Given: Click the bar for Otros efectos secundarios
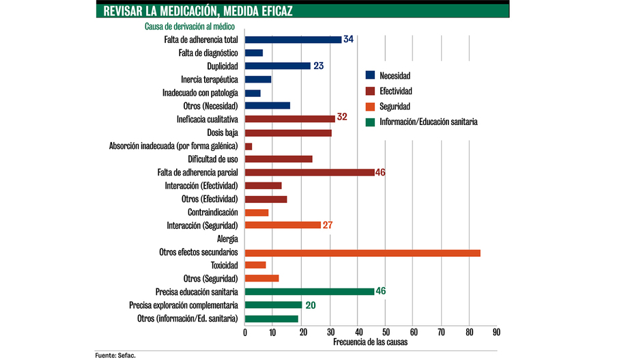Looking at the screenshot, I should point(363,252).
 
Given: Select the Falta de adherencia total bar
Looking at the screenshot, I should point(293,40).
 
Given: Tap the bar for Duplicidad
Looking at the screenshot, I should point(277,66).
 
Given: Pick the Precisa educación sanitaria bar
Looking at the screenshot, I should point(309,292).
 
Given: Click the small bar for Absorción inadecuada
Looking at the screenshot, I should point(248,146).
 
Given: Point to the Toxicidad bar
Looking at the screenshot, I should point(255,265).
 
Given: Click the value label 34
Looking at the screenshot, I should point(348,40).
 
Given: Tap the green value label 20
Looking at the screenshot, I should point(310,305).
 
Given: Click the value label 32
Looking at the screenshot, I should point(342,117).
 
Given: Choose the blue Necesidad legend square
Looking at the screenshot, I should point(370,75).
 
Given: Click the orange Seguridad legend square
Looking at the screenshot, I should point(370,107).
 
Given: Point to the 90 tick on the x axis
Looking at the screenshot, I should point(496,332).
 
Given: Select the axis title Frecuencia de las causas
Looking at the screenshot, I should point(371,342).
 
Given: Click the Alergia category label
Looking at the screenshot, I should point(227,239).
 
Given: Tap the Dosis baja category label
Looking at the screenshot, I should point(223,133).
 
